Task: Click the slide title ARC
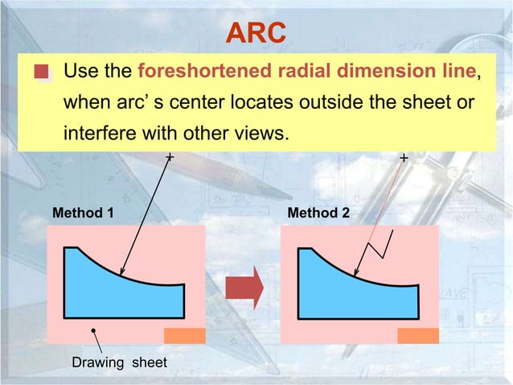256,33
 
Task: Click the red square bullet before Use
42,73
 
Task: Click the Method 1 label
83,214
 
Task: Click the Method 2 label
318,214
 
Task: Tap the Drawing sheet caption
120,362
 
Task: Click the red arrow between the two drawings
244,286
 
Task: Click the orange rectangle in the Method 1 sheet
184,336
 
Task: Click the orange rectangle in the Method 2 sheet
418,336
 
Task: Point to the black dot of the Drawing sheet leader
94,330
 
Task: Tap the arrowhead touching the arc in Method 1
121,271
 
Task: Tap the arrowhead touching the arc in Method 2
355,271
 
